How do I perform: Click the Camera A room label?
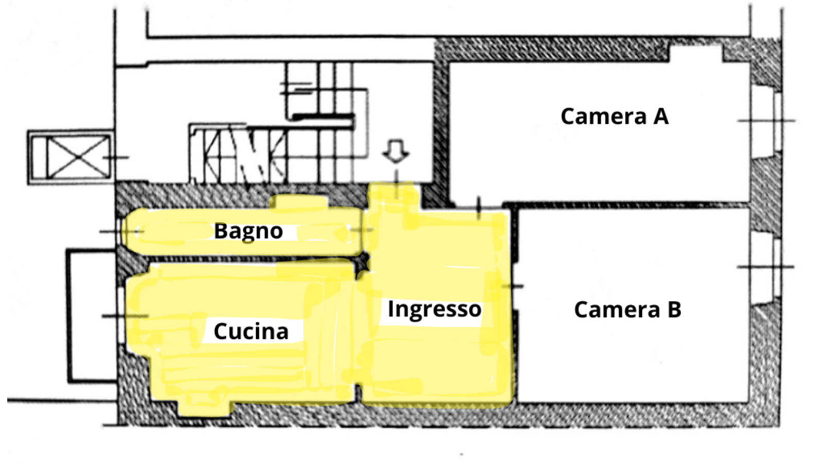click(x=614, y=117)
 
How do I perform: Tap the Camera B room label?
click(x=627, y=310)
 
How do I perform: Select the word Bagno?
click(x=248, y=231)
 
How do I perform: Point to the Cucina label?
click(x=251, y=332)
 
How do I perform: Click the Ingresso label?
click(x=434, y=309)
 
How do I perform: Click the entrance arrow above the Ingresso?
click(x=396, y=151)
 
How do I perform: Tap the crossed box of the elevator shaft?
click(x=78, y=157)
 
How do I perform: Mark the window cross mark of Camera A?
click(x=766, y=121)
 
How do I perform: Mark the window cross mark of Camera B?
click(x=766, y=267)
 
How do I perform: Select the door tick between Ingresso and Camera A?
click(x=479, y=207)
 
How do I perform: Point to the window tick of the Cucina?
click(x=124, y=316)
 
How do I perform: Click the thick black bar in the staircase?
click(x=323, y=117)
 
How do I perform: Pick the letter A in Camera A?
click(x=661, y=117)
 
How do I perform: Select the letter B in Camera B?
click(x=674, y=310)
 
